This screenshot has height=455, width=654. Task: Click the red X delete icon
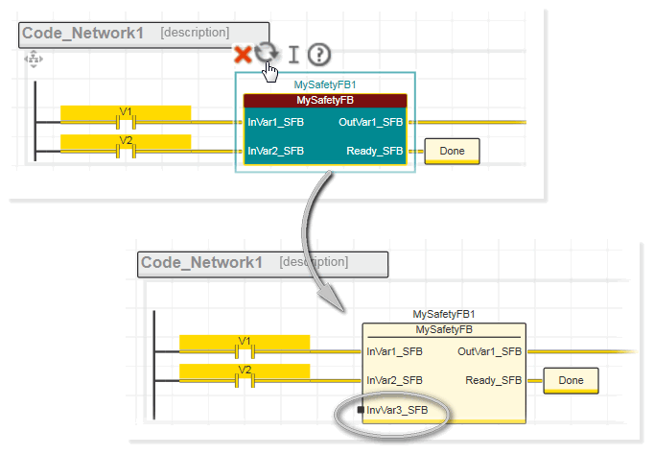pyautogui.click(x=243, y=56)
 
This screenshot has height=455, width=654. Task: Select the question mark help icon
pyautogui.click(x=318, y=55)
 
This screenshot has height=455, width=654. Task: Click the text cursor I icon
pyautogui.click(x=293, y=55)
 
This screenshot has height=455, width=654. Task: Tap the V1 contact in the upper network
pyautogui.click(x=125, y=121)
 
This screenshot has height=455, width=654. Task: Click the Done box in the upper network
pyautogui.click(x=451, y=151)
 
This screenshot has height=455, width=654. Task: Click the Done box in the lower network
pyautogui.click(x=571, y=380)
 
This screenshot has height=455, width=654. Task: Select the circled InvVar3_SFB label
pyautogui.click(x=397, y=411)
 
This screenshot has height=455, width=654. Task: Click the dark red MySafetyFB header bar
pyautogui.click(x=325, y=100)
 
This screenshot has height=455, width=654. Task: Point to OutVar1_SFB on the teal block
pyautogui.click(x=370, y=122)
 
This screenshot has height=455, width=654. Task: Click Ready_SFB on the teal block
pyautogui.click(x=374, y=151)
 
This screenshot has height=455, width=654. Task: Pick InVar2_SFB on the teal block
pyautogui.click(x=276, y=151)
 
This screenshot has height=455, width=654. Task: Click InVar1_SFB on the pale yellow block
pyautogui.click(x=394, y=351)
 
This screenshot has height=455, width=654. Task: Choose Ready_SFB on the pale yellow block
pyautogui.click(x=494, y=380)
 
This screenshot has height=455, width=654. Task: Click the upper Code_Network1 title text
pyautogui.click(x=82, y=34)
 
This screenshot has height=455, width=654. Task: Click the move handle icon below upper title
pyautogui.click(x=34, y=60)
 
